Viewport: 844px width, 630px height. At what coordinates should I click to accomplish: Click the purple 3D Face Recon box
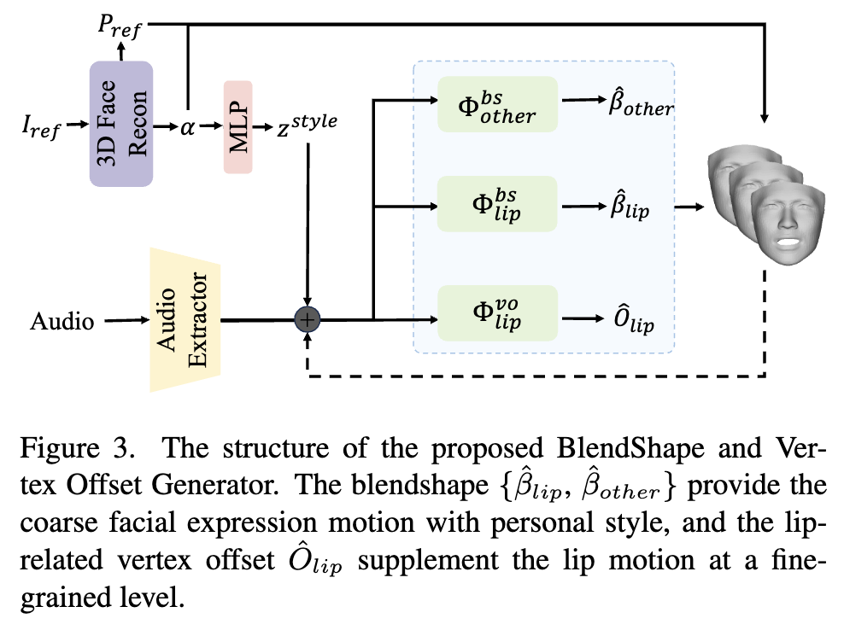[x=121, y=125]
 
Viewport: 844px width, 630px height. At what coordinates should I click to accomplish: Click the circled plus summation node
[x=307, y=319]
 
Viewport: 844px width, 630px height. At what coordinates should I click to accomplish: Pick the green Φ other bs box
[x=496, y=104]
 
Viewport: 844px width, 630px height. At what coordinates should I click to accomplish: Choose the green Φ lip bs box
[x=496, y=204]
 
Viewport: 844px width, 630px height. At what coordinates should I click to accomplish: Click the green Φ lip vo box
[x=496, y=314]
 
